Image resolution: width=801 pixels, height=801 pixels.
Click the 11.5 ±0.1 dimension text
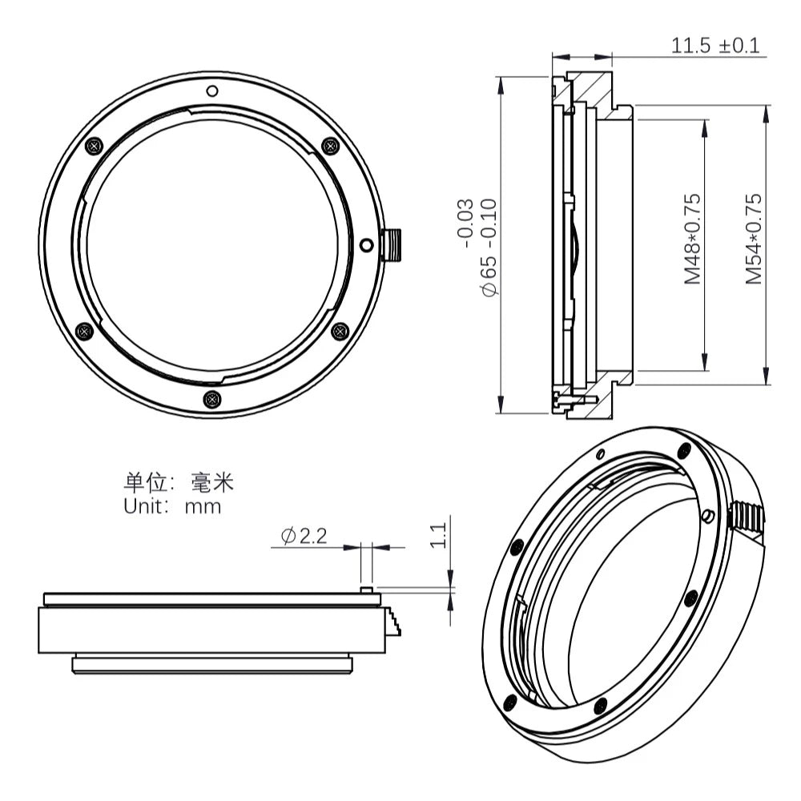[715, 46]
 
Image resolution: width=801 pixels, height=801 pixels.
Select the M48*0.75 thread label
[692, 239]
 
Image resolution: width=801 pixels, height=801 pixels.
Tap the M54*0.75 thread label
[754, 239]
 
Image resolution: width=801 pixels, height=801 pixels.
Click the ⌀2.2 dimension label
[304, 536]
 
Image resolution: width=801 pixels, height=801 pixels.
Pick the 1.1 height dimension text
[438, 535]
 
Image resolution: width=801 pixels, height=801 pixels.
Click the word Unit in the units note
[146, 506]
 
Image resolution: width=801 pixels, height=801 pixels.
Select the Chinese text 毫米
[212, 481]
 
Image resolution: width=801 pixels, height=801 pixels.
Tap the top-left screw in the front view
[94, 146]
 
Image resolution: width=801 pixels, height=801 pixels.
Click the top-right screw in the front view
[331, 146]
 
